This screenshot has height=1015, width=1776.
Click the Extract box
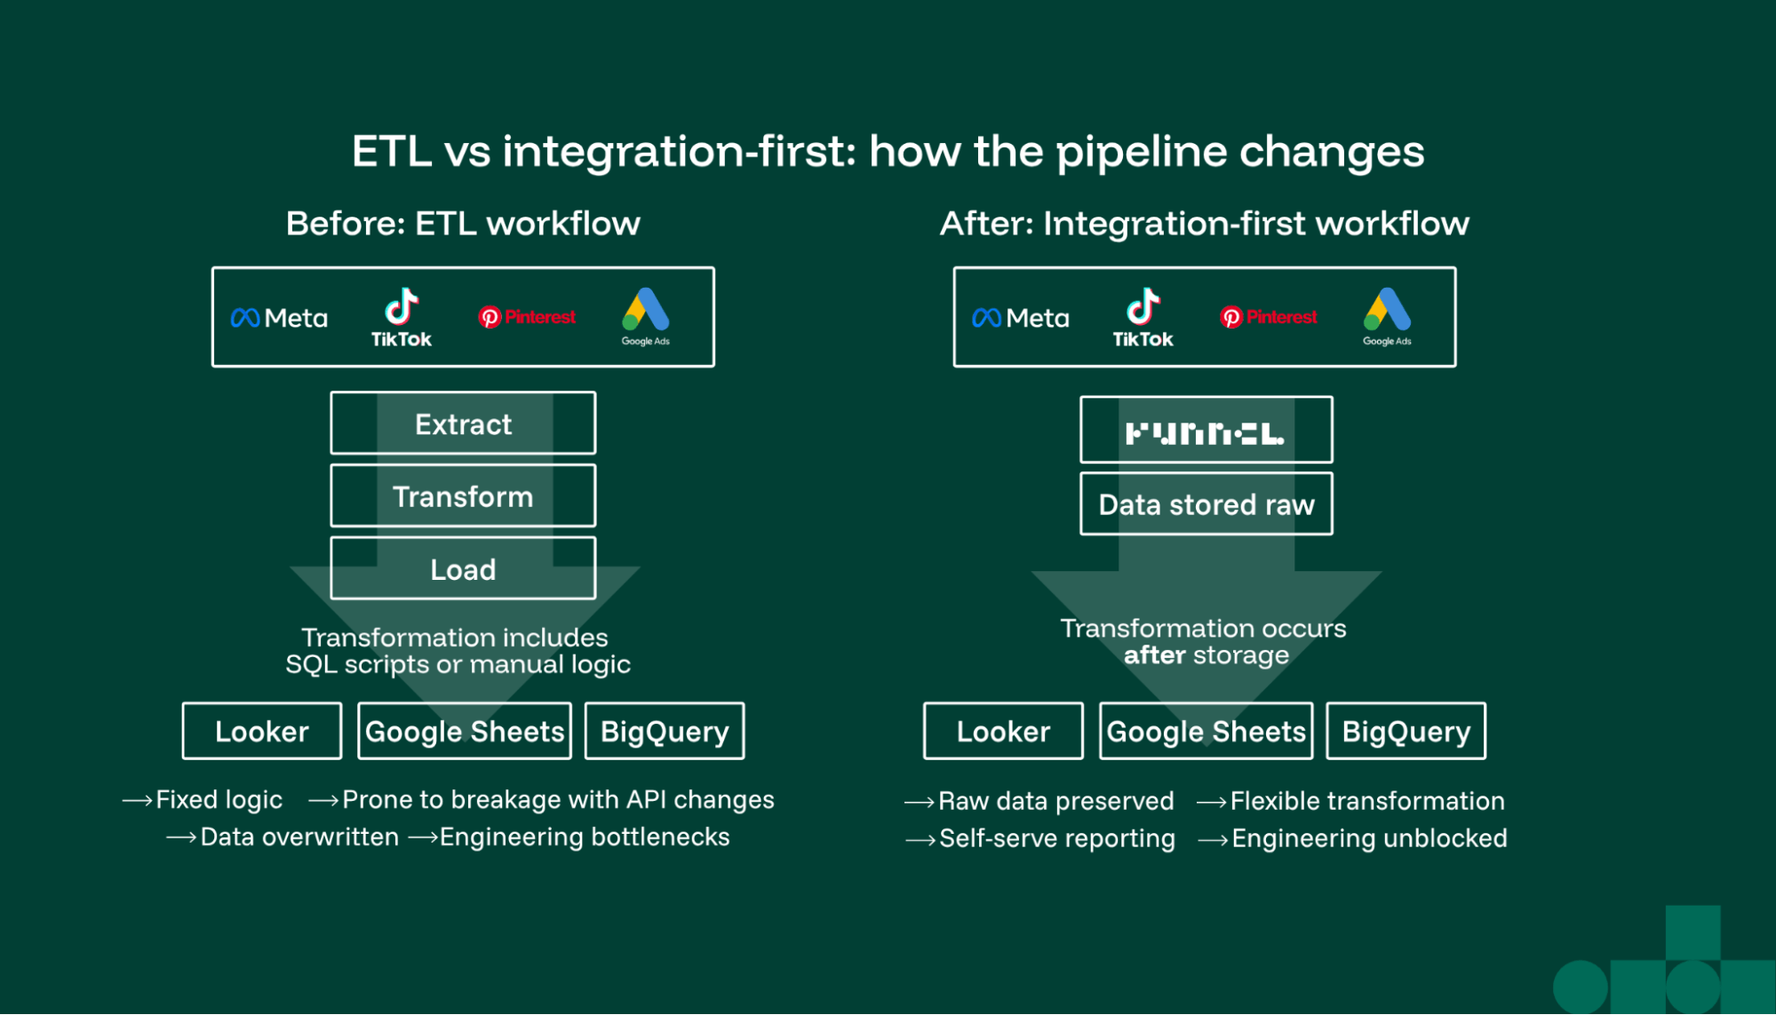pyautogui.click(x=463, y=424)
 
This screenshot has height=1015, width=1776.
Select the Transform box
pyautogui.click(x=463, y=496)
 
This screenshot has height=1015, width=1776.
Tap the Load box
pyautogui.click(x=463, y=569)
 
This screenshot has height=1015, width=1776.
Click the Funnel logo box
pyautogui.click(x=1206, y=432)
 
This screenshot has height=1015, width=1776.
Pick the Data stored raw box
pyautogui.click(x=1206, y=504)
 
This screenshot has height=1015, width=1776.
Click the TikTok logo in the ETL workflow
pyautogui.click(x=402, y=318)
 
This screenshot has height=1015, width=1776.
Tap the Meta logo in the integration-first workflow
pyautogui.click(x=1020, y=318)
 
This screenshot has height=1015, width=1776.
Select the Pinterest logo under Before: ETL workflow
pyautogui.click(x=527, y=317)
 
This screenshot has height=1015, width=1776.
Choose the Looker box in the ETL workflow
pyautogui.click(x=262, y=732)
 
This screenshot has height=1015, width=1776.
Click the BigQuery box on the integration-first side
pyautogui.click(x=1406, y=732)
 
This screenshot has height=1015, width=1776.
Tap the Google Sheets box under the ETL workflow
pyautogui.click(x=465, y=732)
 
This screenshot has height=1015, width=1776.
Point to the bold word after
pyautogui.click(x=1154, y=655)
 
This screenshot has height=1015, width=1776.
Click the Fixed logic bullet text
pyautogui.click(x=219, y=800)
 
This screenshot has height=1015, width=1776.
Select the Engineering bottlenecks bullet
pyautogui.click(x=584, y=837)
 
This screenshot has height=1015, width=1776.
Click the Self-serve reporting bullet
pyautogui.click(x=1056, y=839)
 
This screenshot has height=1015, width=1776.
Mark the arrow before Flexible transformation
pyautogui.click(x=1212, y=802)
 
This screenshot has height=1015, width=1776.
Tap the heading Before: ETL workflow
pyautogui.click(x=463, y=224)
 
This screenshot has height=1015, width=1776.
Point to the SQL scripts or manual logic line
pyautogui.click(x=458, y=665)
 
